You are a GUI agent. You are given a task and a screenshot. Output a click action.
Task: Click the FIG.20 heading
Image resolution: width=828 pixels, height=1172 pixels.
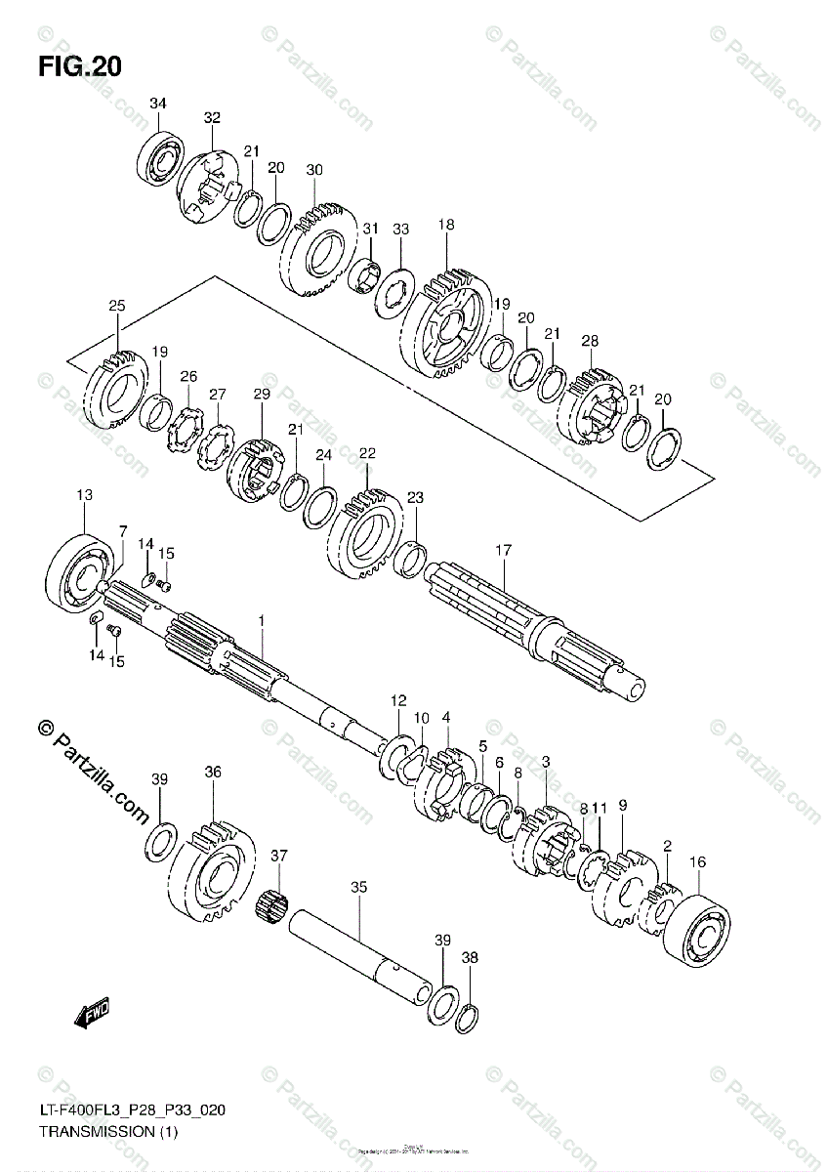80,66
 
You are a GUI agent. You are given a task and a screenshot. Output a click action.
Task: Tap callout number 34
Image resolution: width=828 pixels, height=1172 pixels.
158,104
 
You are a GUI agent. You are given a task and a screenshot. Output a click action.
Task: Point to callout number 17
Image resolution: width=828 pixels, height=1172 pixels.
503,551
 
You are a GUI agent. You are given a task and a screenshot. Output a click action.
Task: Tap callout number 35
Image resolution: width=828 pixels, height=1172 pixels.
358,887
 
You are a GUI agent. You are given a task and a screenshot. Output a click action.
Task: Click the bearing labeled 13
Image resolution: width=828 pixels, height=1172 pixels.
82,571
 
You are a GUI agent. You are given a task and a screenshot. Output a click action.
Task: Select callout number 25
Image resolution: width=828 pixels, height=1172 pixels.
117,306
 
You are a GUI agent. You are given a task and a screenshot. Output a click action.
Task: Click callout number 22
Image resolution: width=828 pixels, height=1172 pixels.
367,453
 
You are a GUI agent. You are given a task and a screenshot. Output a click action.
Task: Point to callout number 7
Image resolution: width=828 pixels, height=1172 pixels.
123,530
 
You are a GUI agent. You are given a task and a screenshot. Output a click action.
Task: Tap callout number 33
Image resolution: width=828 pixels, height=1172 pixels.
400,229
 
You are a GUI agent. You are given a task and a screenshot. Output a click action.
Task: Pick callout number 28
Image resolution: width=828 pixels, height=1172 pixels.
590,340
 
